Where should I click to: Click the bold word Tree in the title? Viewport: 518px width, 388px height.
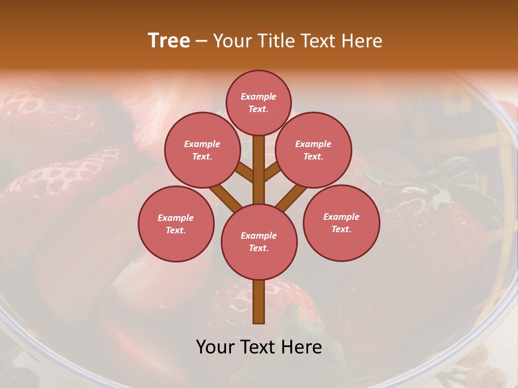pos(169,41)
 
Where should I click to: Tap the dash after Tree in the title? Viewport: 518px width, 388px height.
pos(201,41)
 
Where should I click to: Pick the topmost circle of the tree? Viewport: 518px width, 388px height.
pos(258,103)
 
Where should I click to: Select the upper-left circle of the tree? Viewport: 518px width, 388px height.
pos(202,150)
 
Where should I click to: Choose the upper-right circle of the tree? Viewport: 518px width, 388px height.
pos(313,150)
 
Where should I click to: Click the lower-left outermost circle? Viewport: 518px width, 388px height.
pos(176,224)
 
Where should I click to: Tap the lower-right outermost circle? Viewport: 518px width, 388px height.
pos(341,223)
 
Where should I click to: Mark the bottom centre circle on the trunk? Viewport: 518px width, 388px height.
pos(259,241)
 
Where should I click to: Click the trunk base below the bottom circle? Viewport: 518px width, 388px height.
pos(259,302)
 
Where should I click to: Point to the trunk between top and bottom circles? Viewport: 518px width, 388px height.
pos(259,170)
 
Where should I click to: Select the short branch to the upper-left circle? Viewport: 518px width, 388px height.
pos(246,172)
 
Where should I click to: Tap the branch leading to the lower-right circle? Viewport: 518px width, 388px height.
pos(291,197)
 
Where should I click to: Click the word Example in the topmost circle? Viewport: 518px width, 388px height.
pos(258,97)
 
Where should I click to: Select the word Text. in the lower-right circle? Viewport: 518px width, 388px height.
pos(341,229)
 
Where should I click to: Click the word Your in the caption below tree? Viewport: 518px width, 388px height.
pos(215,347)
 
